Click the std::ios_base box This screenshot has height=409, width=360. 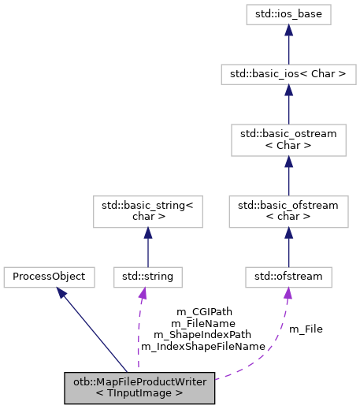coord(289,13)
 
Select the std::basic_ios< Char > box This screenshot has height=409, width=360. coord(289,75)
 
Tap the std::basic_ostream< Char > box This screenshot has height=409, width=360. coord(289,140)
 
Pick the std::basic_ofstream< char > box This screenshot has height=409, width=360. coord(289,211)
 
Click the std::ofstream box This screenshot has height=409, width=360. coord(289,277)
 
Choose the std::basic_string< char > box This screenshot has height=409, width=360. coord(148,211)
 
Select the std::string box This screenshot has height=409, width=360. coord(148,277)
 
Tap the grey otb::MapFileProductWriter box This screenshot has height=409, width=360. coord(139,387)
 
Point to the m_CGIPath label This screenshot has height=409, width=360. coord(202,311)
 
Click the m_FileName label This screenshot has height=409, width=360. coord(202,323)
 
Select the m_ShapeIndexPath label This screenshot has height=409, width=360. coord(202,334)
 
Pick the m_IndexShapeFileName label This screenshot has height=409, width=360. coord(202,345)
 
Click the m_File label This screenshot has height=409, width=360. coord(306,329)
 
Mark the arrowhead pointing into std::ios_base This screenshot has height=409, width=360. coord(289,30)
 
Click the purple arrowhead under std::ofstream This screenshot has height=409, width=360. coord(288,294)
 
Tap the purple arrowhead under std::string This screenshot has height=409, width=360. coord(143,294)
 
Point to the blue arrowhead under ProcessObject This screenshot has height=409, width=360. coord(61,293)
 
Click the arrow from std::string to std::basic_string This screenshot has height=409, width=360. coord(148,248)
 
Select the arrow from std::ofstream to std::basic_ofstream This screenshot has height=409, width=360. coord(289,248)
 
